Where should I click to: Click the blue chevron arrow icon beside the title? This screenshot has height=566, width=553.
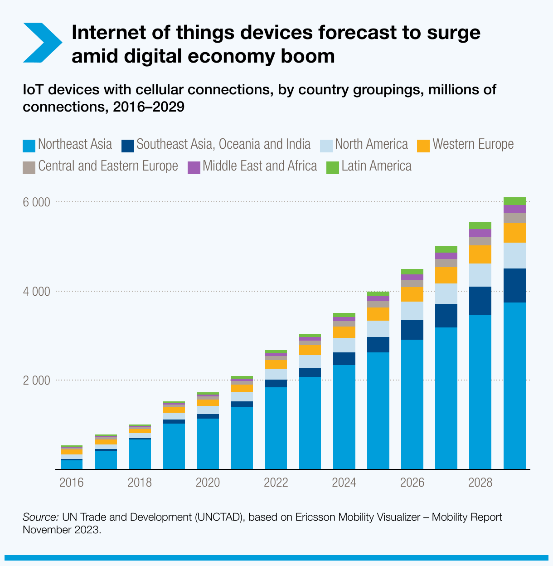pyautogui.click(x=42, y=43)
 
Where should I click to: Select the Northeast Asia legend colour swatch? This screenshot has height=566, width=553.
pyautogui.click(x=29, y=146)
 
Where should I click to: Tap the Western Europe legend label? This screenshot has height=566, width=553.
pyautogui.click(x=473, y=144)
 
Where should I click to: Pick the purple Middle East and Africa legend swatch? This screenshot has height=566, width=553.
pyautogui.click(x=194, y=167)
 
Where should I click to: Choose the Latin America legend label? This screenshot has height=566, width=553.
pyautogui.click(x=376, y=166)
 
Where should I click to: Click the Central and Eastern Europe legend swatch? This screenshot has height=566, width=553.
pyautogui.click(x=29, y=167)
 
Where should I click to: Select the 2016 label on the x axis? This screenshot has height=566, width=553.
pyautogui.click(x=72, y=482)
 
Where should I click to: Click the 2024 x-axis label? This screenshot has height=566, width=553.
pyautogui.click(x=344, y=482)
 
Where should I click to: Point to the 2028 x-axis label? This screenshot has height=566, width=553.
pyautogui.click(x=480, y=482)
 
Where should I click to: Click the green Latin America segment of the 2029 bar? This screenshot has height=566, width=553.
pyautogui.click(x=514, y=201)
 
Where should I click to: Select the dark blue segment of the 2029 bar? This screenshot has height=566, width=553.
pyautogui.click(x=514, y=285)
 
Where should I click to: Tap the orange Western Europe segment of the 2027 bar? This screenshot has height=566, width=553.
pyautogui.click(x=446, y=275)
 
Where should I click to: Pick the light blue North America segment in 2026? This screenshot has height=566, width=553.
pyautogui.click(x=412, y=311)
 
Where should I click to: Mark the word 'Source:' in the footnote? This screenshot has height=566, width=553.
pyautogui.click(x=40, y=517)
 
